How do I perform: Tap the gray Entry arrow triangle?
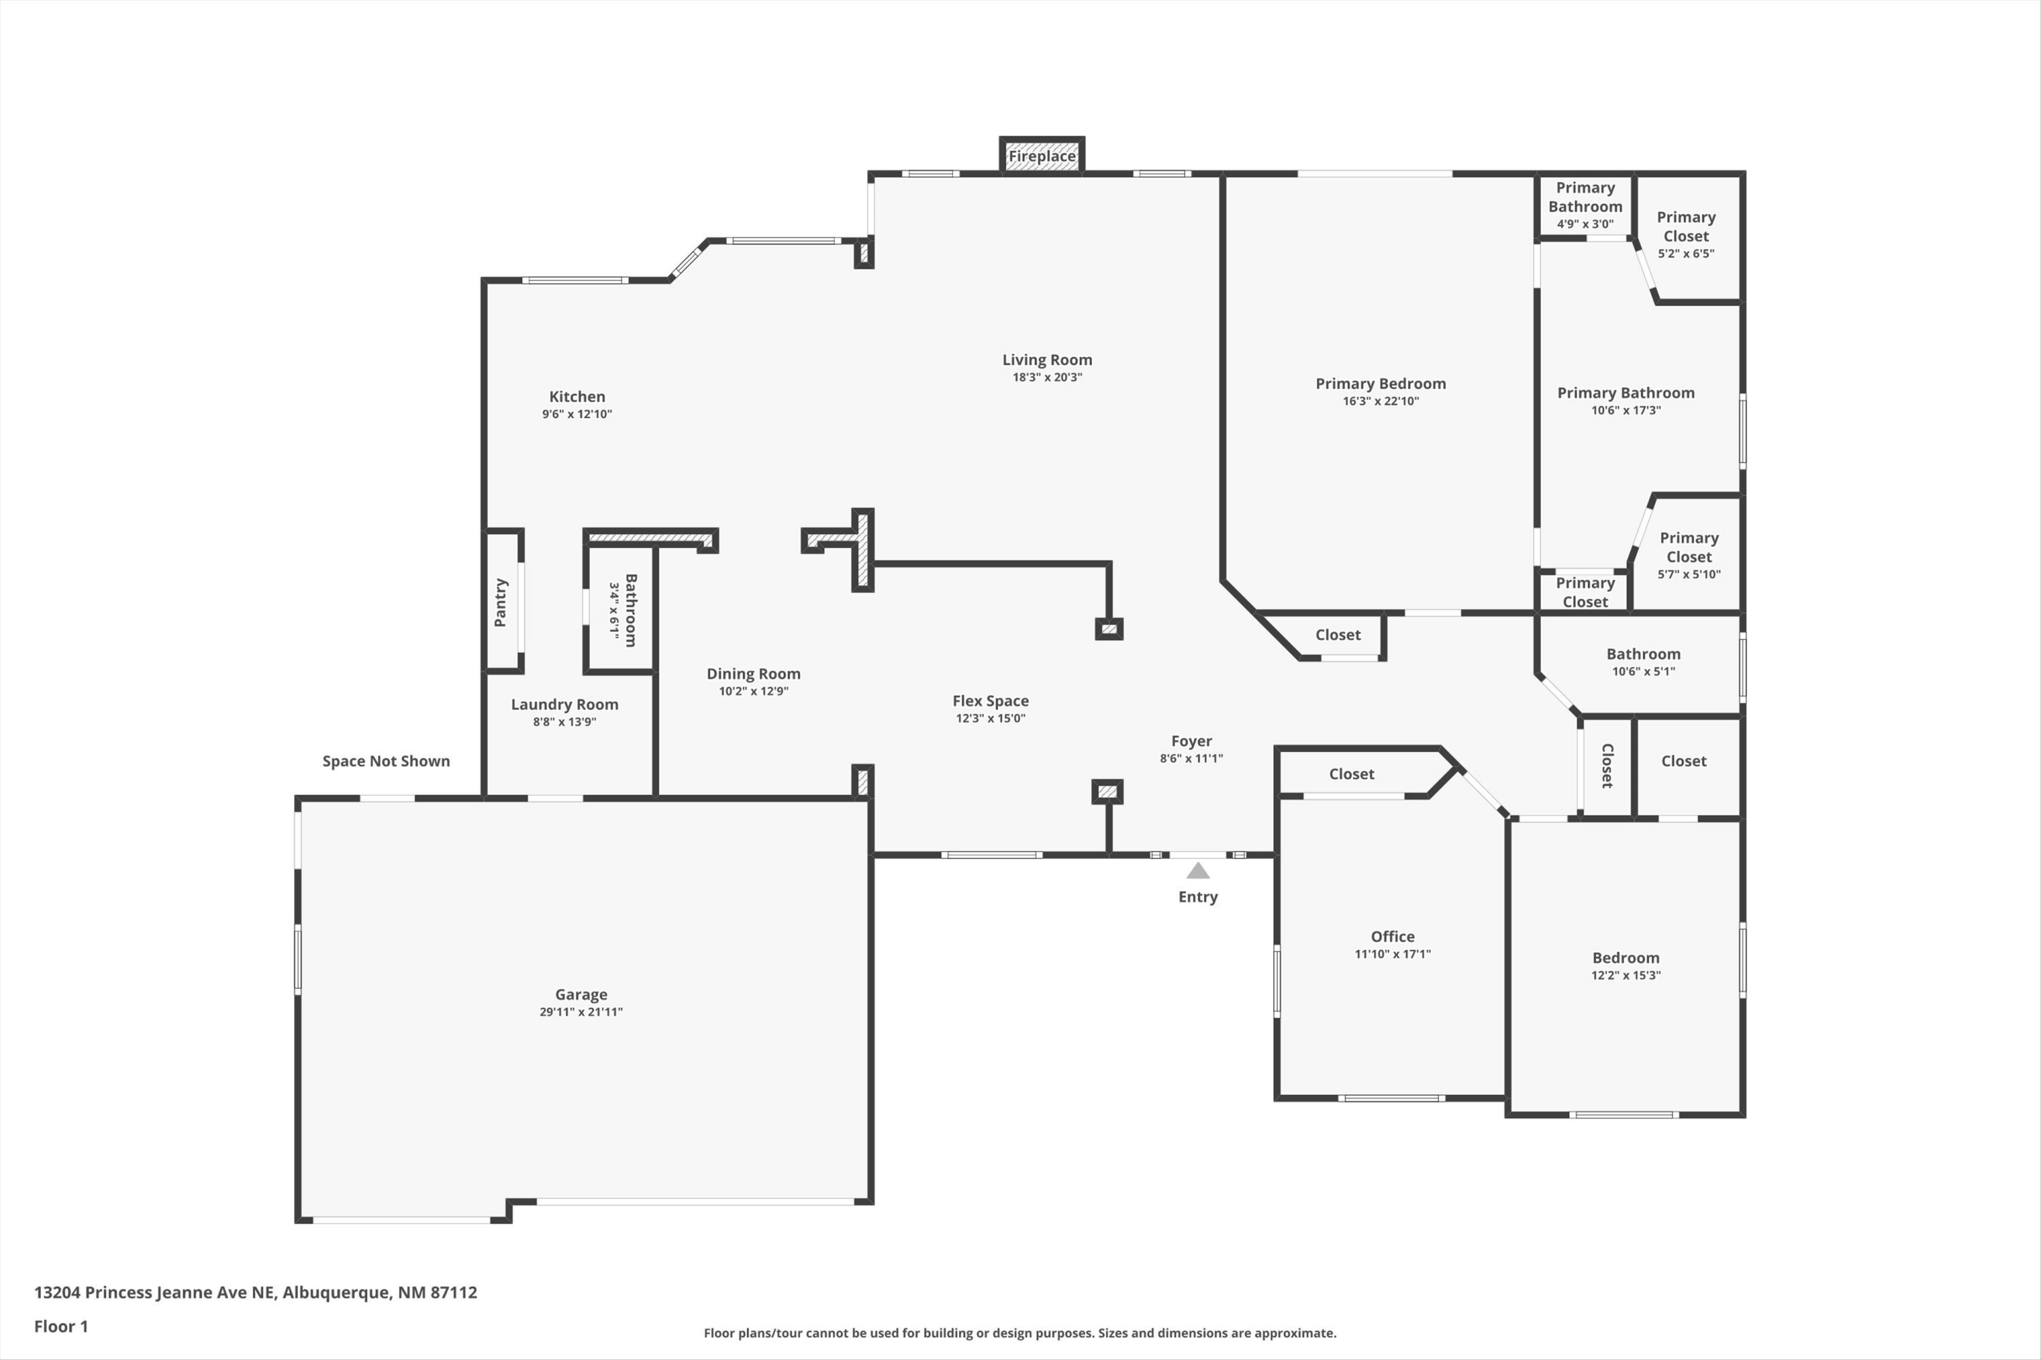[1197, 871]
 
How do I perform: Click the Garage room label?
[580, 994]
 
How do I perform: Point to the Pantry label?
[501, 602]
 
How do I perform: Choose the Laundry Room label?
[564, 704]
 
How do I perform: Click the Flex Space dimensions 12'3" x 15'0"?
[990, 718]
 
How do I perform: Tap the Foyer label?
[1191, 741]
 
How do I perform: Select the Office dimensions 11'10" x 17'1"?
[1392, 954]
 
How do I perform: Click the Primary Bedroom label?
[1380, 384]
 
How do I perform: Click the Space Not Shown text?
[386, 761]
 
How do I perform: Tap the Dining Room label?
[753, 673]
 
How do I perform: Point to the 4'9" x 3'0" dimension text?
[1584, 224]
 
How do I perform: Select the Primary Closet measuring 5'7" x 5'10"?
[1689, 547]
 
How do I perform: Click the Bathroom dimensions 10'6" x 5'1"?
[1643, 671]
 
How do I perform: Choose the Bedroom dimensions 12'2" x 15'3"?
[1625, 975]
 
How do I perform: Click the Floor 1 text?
[61, 1326]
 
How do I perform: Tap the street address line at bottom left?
[255, 1293]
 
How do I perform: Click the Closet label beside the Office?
[1351, 774]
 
